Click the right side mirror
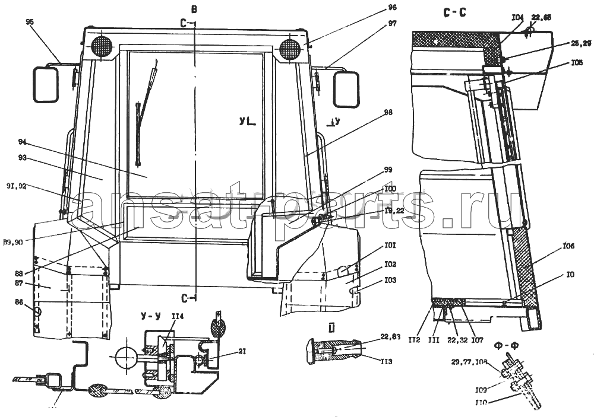coord(347,89)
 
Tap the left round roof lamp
coord(102,47)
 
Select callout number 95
coord(30,22)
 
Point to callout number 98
coord(388,112)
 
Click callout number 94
coord(23,142)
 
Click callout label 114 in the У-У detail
coord(178,316)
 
